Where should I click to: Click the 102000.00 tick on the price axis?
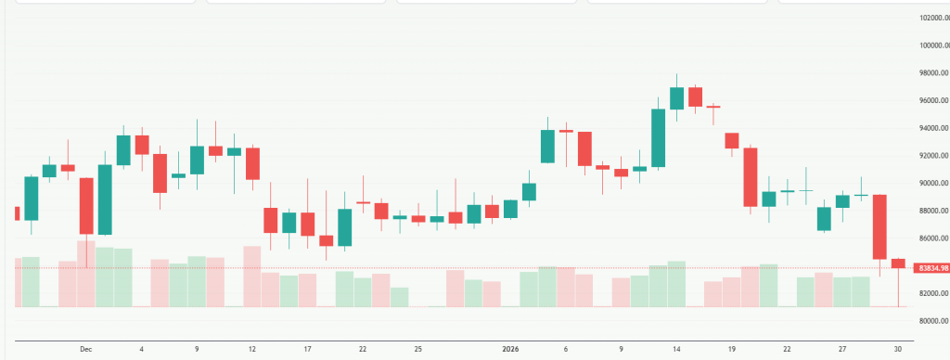(x=931, y=18)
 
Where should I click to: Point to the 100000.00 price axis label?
(x=931, y=45)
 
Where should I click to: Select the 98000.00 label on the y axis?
(x=931, y=73)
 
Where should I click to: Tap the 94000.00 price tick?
(x=931, y=128)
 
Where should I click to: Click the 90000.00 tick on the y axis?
(x=931, y=184)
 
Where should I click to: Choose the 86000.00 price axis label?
(x=931, y=238)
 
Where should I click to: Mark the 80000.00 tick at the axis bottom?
(x=931, y=321)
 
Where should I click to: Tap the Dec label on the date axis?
(x=86, y=349)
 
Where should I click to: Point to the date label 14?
(x=677, y=349)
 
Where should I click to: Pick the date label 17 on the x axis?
(x=307, y=349)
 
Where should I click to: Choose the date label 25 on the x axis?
(x=418, y=349)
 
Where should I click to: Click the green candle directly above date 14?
(x=677, y=98)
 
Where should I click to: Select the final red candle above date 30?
(x=898, y=264)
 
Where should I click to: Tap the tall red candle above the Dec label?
(x=86, y=205)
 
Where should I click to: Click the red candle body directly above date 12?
(x=252, y=163)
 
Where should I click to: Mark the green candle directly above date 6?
(x=547, y=147)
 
